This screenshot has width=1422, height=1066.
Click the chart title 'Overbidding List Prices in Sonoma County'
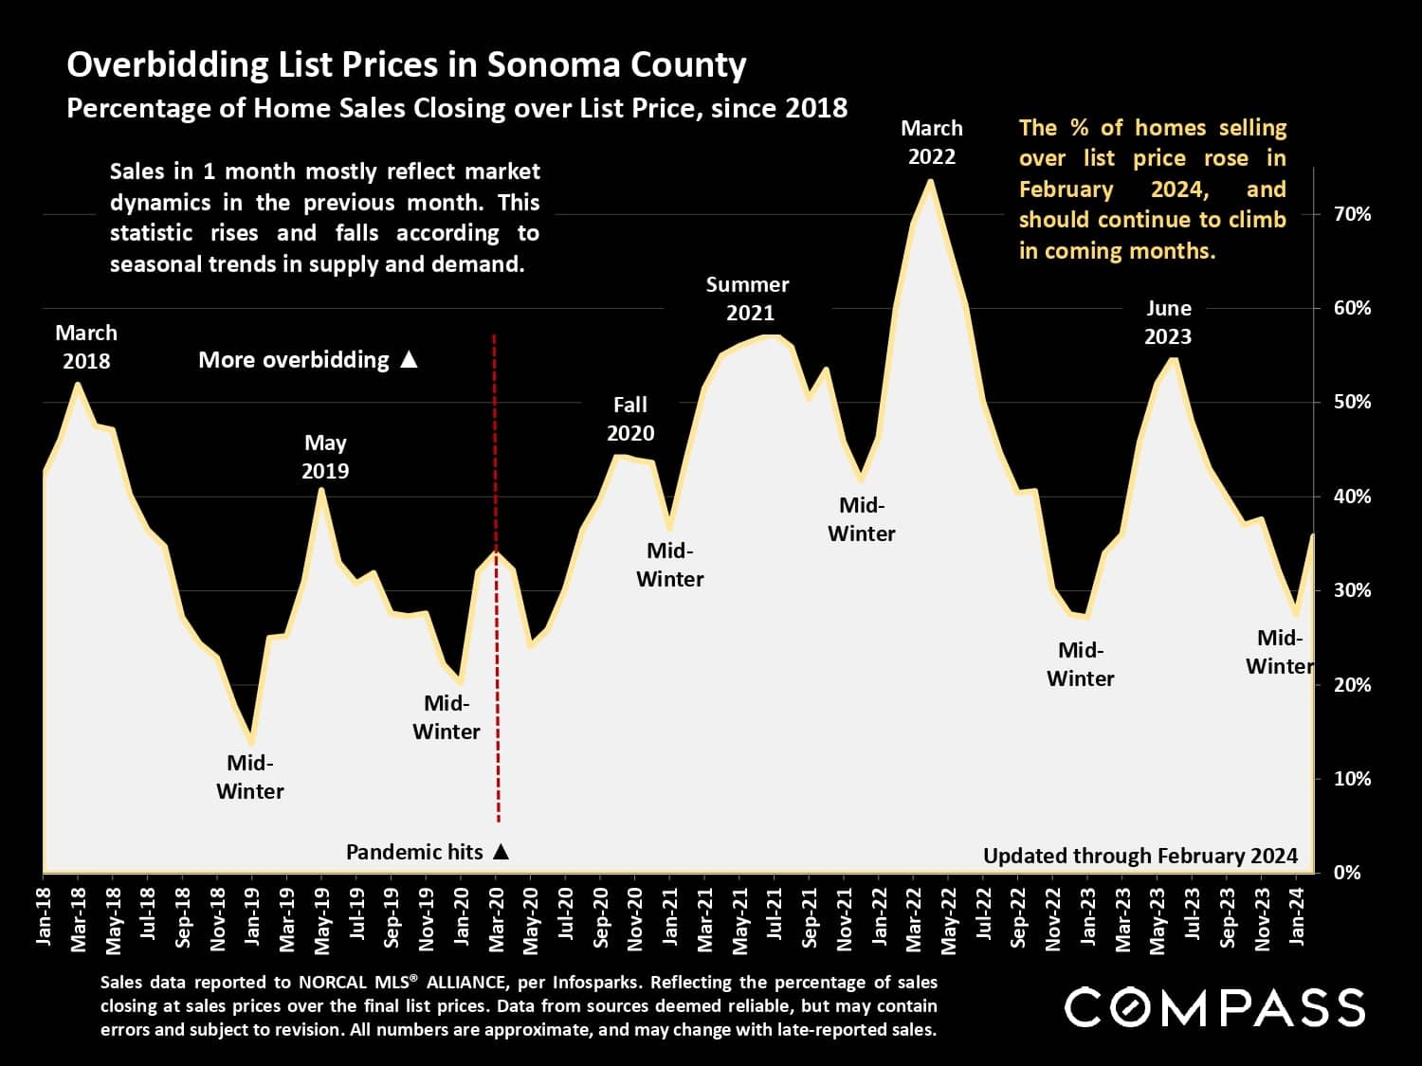tap(406, 64)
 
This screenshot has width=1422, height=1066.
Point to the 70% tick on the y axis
tap(1352, 214)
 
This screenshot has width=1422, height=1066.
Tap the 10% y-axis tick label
tap(1352, 779)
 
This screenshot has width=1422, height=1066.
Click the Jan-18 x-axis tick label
tap(44, 917)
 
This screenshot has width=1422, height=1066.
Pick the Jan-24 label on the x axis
tap(1297, 917)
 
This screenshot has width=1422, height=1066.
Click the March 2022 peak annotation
tap(931, 142)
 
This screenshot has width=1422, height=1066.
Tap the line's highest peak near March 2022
tap(930, 181)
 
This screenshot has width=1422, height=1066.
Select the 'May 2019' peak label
tap(325, 457)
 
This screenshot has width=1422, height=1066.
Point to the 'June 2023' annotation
tap(1168, 322)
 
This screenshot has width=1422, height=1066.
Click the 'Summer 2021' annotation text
tap(747, 298)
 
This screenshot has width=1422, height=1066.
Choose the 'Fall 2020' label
tap(630, 419)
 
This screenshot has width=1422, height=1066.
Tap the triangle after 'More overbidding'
tap(409, 360)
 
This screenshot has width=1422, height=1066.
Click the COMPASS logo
tap(1214, 1007)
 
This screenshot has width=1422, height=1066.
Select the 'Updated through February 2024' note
tap(1139, 856)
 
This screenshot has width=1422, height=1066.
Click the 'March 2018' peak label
tap(86, 347)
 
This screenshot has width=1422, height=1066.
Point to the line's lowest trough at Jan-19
tap(251, 742)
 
